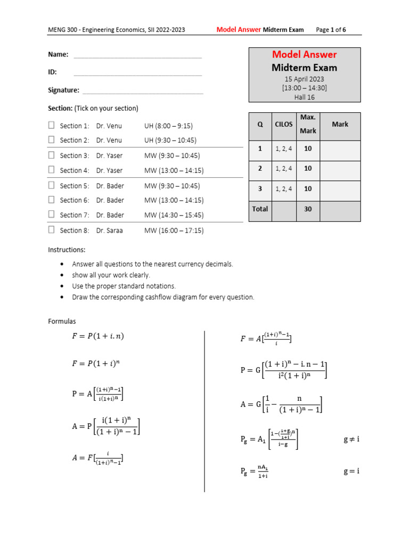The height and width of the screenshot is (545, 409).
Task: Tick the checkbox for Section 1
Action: pos(52,126)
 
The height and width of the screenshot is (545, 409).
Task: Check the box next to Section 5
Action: pos(52,185)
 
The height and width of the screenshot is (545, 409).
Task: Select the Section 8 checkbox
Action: pos(52,230)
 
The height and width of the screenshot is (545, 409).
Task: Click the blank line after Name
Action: pos(137,55)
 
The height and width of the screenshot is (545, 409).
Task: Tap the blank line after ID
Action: pos(137,73)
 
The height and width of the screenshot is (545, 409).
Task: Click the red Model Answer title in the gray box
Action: pos(304,54)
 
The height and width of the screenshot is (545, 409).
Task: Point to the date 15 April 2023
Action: pos(304,79)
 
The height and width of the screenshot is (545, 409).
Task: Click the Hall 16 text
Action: pos(304,97)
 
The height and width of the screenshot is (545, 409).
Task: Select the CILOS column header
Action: pos(283,124)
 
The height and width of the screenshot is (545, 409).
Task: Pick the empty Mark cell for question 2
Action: pos(340,169)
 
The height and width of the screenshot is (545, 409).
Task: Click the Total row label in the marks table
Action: pos(260,209)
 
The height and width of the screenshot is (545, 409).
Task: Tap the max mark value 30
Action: pos(308,209)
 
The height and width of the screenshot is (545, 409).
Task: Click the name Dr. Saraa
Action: pos(110,230)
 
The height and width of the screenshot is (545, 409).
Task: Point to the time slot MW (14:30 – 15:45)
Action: pos(174,215)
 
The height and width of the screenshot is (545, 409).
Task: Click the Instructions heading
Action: pos(67,250)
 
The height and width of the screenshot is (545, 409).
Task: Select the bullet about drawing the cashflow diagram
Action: pos(163,297)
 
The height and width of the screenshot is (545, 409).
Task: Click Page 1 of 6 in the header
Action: pos(331,30)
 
